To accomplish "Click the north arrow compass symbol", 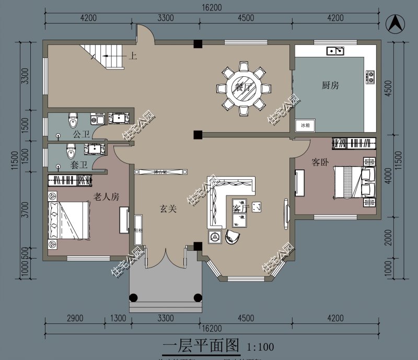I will point(396,23).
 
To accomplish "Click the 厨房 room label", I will point(330,85).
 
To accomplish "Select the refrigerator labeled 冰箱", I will point(305,125).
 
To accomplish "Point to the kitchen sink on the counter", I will point(335,51).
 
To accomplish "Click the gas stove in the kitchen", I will point(370,77).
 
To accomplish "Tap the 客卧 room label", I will point(320,162).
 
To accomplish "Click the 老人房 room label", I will point(106,196).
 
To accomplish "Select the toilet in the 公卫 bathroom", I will point(73,121).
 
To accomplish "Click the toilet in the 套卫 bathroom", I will point(71,152).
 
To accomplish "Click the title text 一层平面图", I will point(201,345).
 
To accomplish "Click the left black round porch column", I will point(134,298).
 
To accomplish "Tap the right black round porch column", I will point(198,298).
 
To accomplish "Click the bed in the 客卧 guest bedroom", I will point(353,182).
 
